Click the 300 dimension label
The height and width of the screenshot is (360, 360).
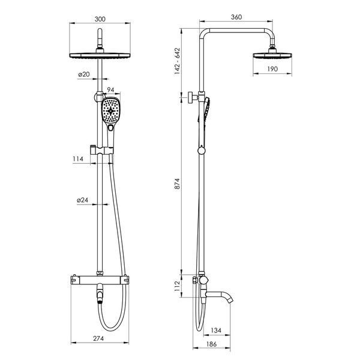pos(100,19)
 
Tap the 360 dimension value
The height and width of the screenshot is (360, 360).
pos(236,17)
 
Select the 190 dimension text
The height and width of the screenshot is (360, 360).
pos(272,69)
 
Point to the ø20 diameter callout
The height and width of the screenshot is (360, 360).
pos(83,74)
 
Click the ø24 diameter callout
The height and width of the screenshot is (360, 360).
pos(82,200)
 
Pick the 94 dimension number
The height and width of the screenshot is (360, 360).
pos(110,90)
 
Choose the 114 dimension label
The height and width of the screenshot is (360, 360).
pos(78,158)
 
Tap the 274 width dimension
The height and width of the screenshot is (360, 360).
pos(98,338)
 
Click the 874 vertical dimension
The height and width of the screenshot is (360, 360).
pos(177,184)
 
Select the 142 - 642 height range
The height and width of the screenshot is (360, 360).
pos(177,61)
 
